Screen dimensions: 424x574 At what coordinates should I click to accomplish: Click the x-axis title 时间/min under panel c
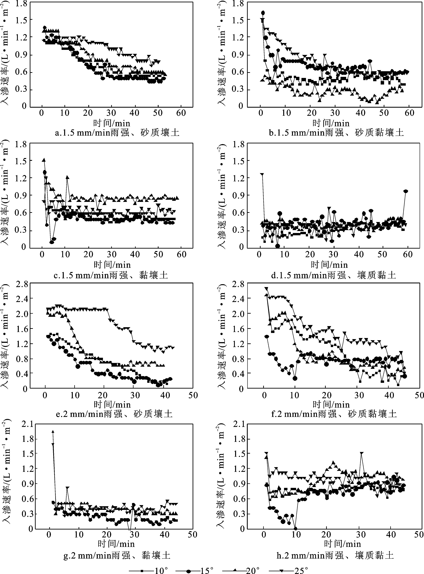tap(112, 265)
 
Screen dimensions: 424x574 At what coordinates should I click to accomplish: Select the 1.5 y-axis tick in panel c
tap(21, 161)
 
